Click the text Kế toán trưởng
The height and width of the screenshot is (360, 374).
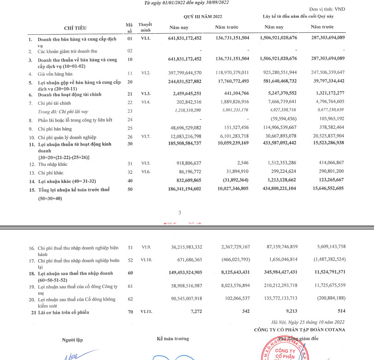[x=173, y=339]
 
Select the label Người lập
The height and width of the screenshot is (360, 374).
[x=72, y=341]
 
